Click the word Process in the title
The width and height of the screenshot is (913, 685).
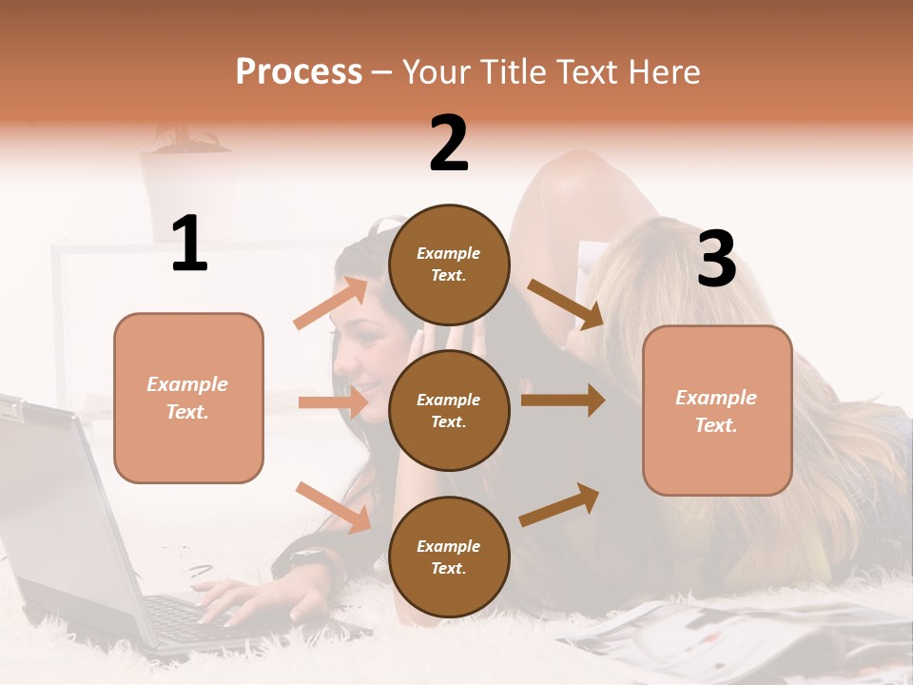coord(299,72)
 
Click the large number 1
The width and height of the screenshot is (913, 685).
coord(189,245)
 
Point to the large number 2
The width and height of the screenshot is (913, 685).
coord(449,144)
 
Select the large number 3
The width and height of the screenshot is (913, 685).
coord(716,260)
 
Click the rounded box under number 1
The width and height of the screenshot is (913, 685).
coord(188,398)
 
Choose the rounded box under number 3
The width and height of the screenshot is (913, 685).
coord(717,410)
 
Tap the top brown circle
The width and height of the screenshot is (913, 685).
coord(449,264)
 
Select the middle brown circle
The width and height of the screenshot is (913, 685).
coord(449,410)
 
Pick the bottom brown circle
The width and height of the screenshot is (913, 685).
coord(449,557)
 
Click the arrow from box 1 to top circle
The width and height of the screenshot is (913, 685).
coord(331,303)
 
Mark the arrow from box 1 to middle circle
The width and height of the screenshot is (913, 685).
coord(333,402)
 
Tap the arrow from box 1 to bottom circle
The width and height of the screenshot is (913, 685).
coord(334,506)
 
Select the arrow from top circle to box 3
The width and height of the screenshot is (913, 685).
coord(566,303)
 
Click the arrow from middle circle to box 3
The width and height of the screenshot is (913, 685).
coord(563,400)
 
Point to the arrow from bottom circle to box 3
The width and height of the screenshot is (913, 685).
coord(560,504)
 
